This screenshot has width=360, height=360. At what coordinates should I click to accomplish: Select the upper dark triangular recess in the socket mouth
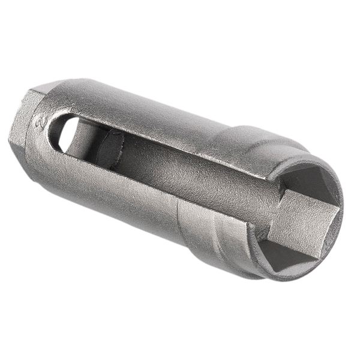pos(311,182)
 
